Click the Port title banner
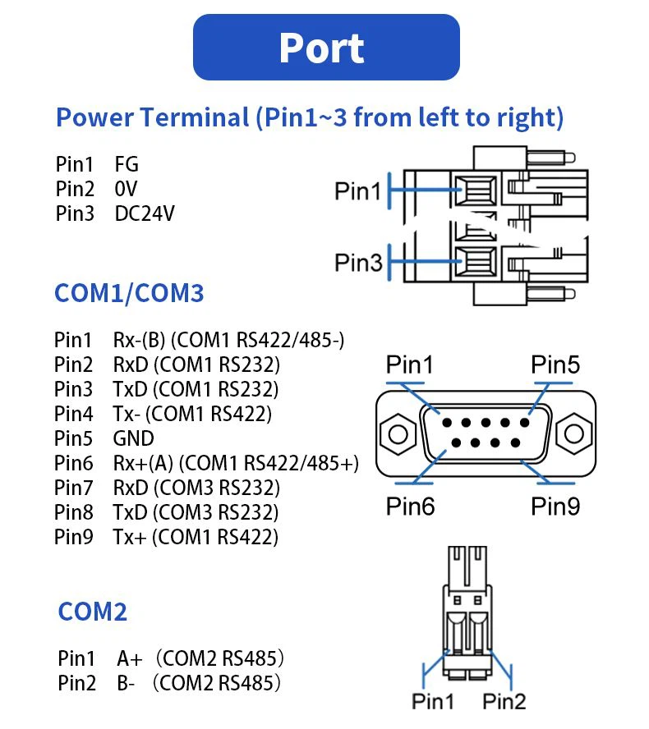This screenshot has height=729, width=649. [x=325, y=48]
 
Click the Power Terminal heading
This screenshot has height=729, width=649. [x=309, y=117]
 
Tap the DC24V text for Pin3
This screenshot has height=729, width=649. [x=145, y=213]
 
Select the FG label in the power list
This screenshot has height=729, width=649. [x=127, y=165]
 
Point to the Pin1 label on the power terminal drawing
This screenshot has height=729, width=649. [x=357, y=191]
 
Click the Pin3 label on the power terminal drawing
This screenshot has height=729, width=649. [x=357, y=263]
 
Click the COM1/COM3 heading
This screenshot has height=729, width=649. [x=129, y=293]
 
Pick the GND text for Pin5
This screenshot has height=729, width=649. [x=133, y=438]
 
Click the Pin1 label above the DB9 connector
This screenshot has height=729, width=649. [x=410, y=364]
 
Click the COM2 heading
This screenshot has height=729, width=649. [x=93, y=612]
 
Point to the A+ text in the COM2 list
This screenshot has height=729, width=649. [x=130, y=658]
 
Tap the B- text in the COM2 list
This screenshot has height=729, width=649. [x=126, y=682]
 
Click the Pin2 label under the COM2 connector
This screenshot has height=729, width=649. [x=504, y=701]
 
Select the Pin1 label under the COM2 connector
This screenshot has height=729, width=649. [x=433, y=701]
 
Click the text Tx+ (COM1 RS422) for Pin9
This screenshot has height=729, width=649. [x=196, y=537]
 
